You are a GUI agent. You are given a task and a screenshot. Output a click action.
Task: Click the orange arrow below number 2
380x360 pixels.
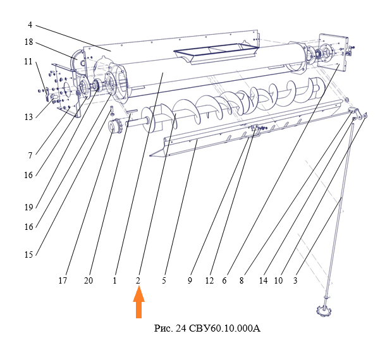(x=138, y=303)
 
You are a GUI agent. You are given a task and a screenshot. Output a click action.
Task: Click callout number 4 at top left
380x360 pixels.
(x=30, y=26)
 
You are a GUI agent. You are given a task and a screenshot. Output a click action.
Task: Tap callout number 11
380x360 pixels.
(x=28, y=62)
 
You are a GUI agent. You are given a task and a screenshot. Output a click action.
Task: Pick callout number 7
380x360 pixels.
(x=29, y=153)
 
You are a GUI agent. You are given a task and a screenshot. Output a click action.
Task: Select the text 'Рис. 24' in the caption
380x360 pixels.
(x=169, y=328)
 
